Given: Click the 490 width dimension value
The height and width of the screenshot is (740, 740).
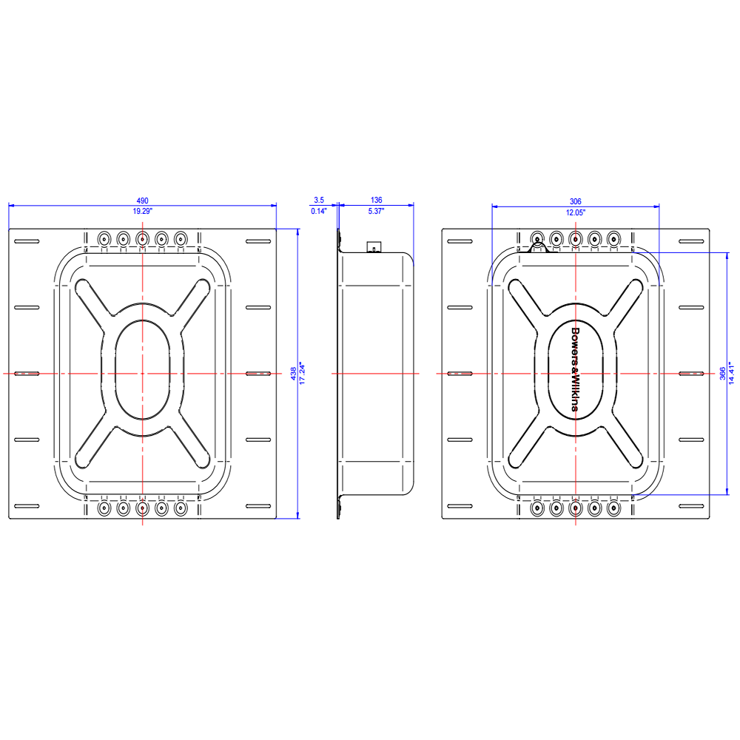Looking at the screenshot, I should [x=142, y=201].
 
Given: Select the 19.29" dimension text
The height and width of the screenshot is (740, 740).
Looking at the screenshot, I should [x=142, y=212].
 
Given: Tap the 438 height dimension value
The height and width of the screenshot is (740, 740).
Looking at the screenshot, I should [x=293, y=374].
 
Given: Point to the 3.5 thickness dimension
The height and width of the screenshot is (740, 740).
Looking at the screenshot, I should [x=319, y=201].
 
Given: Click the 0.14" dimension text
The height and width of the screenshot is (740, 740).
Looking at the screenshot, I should [x=319, y=212].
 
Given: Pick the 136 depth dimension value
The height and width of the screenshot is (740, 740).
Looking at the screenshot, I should [x=376, y=201].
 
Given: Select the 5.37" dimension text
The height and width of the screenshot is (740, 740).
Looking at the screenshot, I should [x=376, y=212].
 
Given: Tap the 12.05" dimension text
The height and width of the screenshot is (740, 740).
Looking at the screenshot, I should [x=576, y=212].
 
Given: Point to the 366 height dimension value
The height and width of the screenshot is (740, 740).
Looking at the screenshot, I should [x=721, y=374].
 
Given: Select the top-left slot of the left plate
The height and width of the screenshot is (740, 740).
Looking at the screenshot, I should [x=26, y=242].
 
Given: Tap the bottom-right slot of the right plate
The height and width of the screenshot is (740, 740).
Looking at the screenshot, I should [x=693, y=505].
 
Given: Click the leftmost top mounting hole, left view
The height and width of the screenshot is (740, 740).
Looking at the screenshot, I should [x=104, y=238].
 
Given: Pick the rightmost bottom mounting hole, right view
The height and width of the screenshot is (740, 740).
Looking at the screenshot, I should [x=613, y=508].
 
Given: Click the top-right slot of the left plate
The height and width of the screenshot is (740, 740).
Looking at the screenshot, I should [x=258, y=242].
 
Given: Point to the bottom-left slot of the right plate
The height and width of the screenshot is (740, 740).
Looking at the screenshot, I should [x=460, y=505].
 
